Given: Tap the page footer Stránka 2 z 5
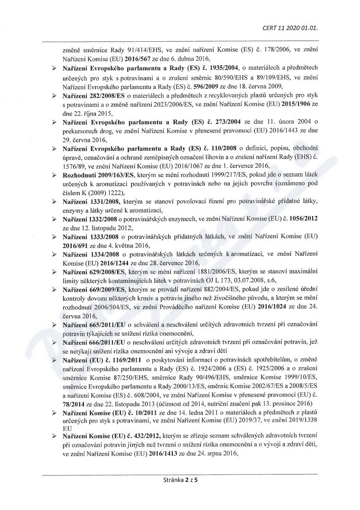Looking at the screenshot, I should coord(180,480).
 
